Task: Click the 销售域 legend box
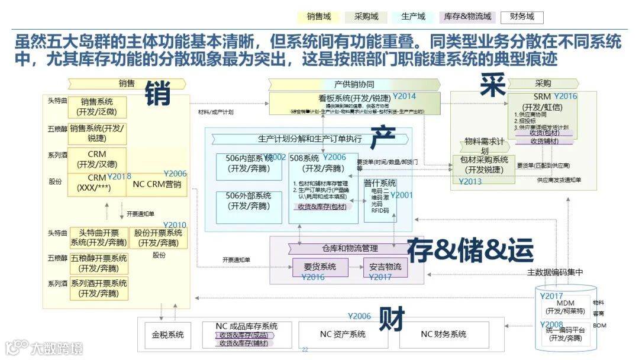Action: pyautogui.click(x=319, y=17)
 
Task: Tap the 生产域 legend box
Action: pyautogui.click(x=413, y=17)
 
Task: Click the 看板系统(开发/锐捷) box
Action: pyautogui.click(x=354, y=98)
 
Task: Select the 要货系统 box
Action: pyautogui.click(x=319, y=267)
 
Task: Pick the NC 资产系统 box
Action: pyautogui.click(x=343, y=335)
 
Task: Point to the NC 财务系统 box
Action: pyautogui.click(x=443, y=335)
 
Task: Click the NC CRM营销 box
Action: pyautogui.click(x=157, y=184)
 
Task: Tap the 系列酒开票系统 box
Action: pyautogui.click(x=99, y=288)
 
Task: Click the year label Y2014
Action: pyautogui.click(x=405, y=96)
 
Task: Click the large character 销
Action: pyautogui.click(x=158, y=93)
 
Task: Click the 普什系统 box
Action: pyautogui.click(x=380, y=200)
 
